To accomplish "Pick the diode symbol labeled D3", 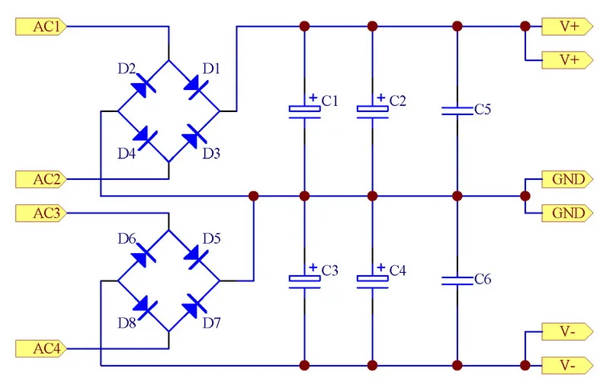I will point(194,136).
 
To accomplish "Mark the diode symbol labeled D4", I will point(143,136).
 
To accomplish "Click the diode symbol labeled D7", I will point(194,306).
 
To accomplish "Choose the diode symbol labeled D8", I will point(143,306).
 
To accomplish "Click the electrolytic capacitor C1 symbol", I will point(304,111).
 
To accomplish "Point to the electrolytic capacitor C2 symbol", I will point(372,111).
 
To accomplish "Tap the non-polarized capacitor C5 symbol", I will point(457,111).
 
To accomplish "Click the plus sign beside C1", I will point(313,98).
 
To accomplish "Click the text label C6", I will point(483,280).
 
